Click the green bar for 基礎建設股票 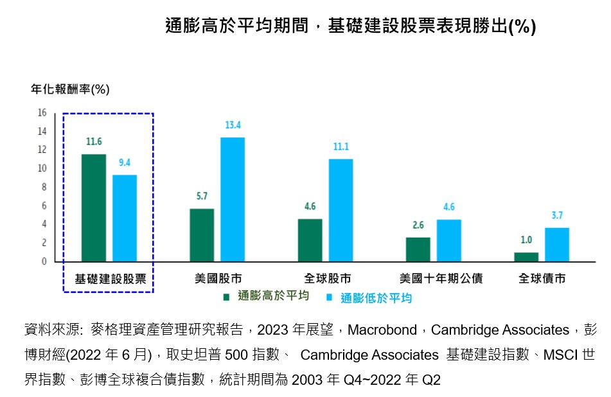[94, 207]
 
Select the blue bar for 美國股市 [233, 200]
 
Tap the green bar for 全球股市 [310, 240]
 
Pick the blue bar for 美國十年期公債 [449, 240]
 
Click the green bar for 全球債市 [526, 257]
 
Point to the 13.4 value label [233, 125]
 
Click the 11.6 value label [94, 141]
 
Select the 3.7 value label [557, 215]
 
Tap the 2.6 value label [418, 225]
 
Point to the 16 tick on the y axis [42, 112]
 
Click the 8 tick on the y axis [44, 187]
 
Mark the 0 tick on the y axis [44, 261]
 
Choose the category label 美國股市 [218, 279]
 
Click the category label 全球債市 [542, 279]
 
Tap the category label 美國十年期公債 [441, 279]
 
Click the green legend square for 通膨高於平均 [226, 297]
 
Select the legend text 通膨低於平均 [376, 298]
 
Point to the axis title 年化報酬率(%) [70, 89]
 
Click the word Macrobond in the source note [382, 330]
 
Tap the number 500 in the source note [236, 355]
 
